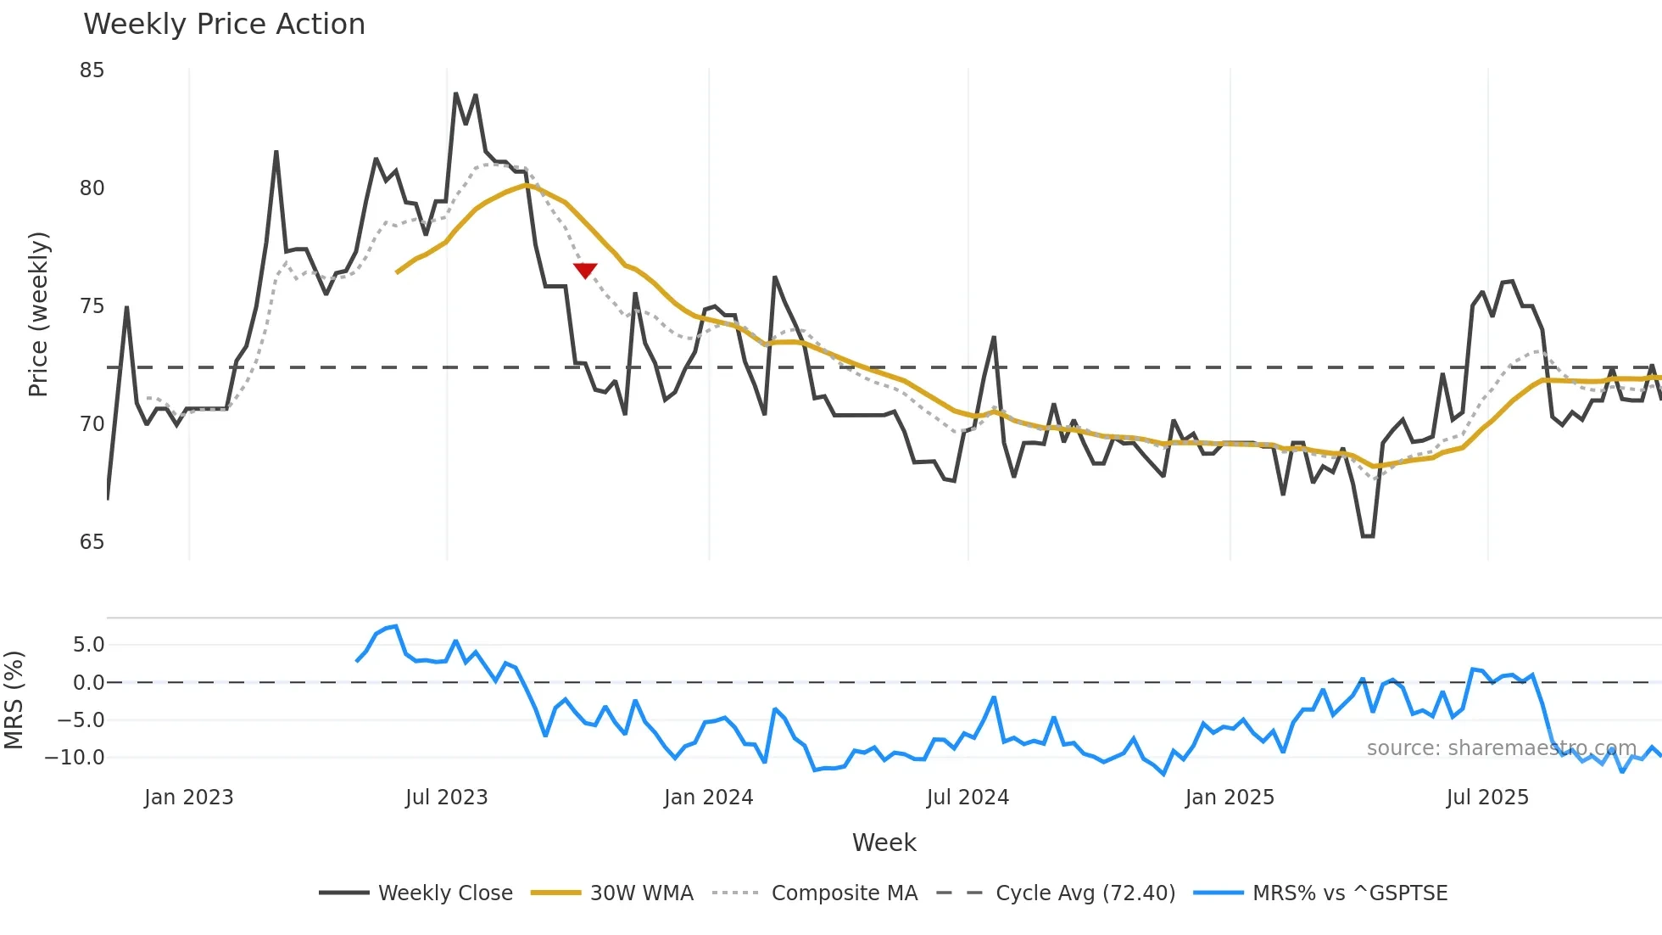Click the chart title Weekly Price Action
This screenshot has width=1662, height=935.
click(224, 25)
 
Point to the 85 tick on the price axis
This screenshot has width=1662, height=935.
click(92, 70)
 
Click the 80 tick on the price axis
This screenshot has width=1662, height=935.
click(92, 188)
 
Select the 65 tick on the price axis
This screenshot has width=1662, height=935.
click(92, 542)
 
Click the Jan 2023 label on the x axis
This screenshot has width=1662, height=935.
click(188, 798)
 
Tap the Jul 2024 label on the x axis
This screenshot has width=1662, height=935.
click(968, 798)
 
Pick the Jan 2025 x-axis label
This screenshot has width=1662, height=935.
click(1230, 798)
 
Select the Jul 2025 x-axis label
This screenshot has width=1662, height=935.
click(1487, 798)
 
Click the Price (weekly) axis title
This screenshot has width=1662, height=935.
click(39, 315)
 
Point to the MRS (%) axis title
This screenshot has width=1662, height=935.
click(14, 700)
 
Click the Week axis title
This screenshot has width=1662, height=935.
click(884, 843)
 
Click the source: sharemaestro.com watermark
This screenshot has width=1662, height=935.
click(1501, 748)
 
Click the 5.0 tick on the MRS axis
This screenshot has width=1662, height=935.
click(88, 645)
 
